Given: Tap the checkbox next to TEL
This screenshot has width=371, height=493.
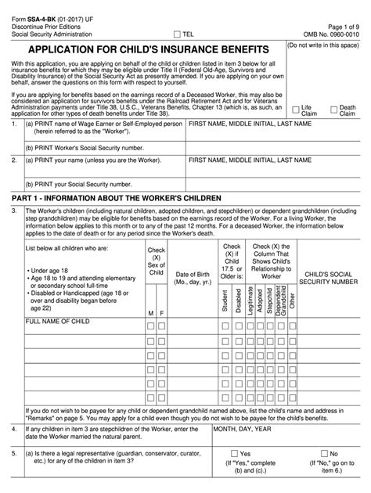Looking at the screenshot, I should coord(177,34).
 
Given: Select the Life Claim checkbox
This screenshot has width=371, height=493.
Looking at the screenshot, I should coord(295,110).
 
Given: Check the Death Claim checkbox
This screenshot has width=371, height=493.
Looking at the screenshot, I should coord(333,110).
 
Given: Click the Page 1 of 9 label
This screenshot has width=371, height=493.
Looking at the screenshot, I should coord(342,24).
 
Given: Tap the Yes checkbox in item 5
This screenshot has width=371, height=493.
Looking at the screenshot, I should coord(234,454).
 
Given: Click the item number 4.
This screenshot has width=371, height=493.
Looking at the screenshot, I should coord(13,430).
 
